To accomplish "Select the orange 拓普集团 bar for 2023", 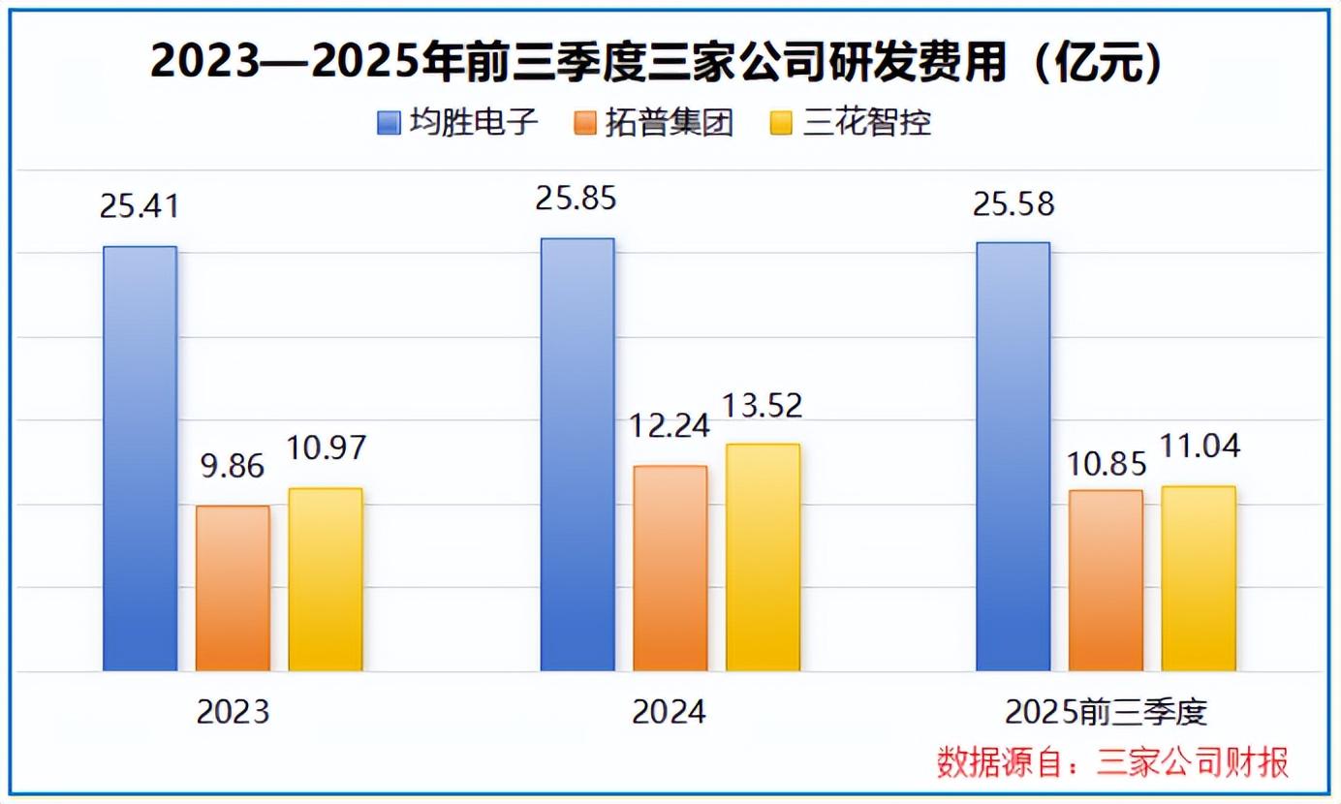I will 233,588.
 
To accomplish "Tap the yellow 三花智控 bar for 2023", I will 326,579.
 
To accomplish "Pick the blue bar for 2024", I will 577,454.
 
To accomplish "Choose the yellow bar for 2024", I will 763,557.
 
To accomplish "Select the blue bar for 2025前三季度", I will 1013,456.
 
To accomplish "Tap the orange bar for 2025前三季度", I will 1106,580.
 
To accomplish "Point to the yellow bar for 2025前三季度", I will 1199,578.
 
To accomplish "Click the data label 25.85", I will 577,199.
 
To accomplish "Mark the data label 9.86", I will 232,466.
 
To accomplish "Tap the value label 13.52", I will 763,406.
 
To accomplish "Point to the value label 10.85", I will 1106,462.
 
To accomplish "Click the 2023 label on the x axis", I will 233,713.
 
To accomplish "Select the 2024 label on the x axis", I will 670,713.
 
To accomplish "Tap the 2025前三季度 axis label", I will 1106,713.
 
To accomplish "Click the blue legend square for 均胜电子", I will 389,124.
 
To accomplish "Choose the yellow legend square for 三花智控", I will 782,124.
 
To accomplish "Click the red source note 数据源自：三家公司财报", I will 1112,762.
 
